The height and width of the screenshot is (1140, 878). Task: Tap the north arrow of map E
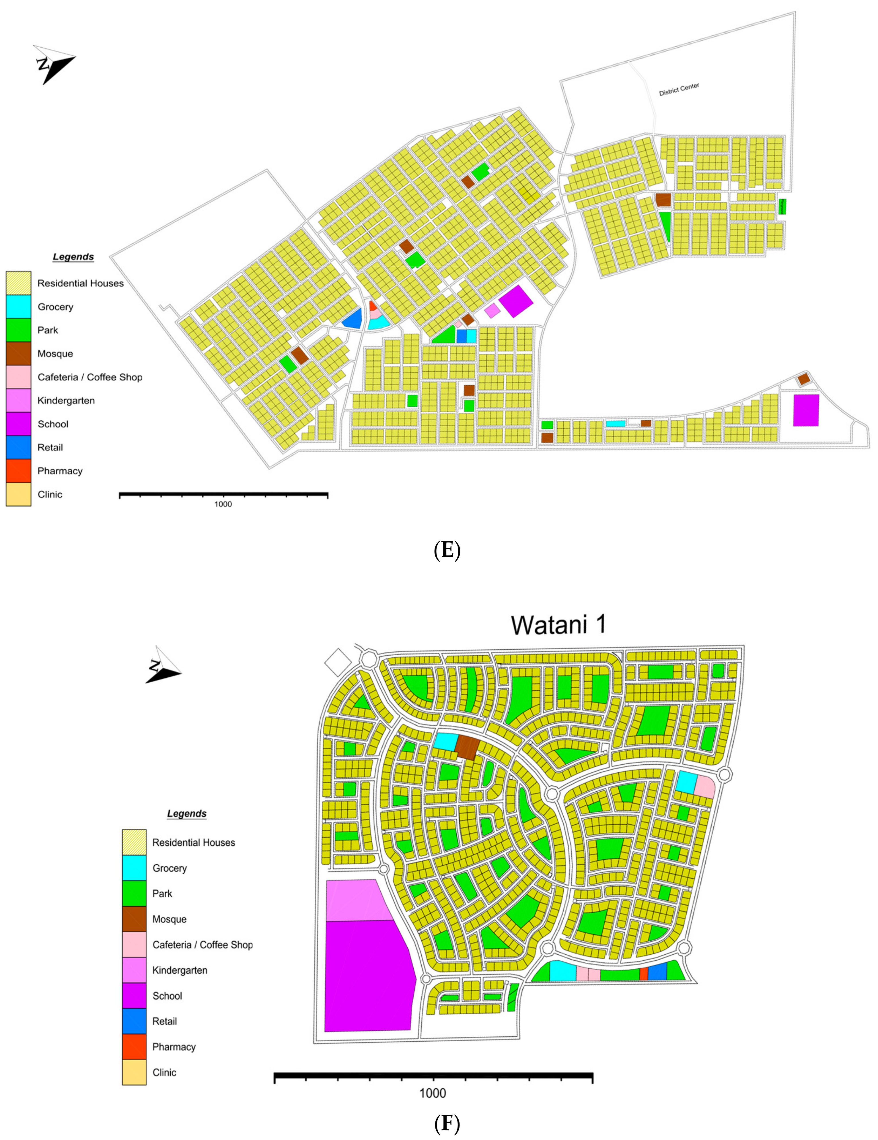point(54,63)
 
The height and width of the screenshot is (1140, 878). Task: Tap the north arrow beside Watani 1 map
point(163,665)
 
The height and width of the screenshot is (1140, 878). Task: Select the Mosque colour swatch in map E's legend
point(18,354)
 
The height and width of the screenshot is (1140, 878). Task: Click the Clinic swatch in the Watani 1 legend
point(134,1072)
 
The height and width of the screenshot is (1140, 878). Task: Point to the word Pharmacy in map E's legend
point(60,471)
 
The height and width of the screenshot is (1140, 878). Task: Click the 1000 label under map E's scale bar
point(223,504)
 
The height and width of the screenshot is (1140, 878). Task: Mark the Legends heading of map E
point(73,257)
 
